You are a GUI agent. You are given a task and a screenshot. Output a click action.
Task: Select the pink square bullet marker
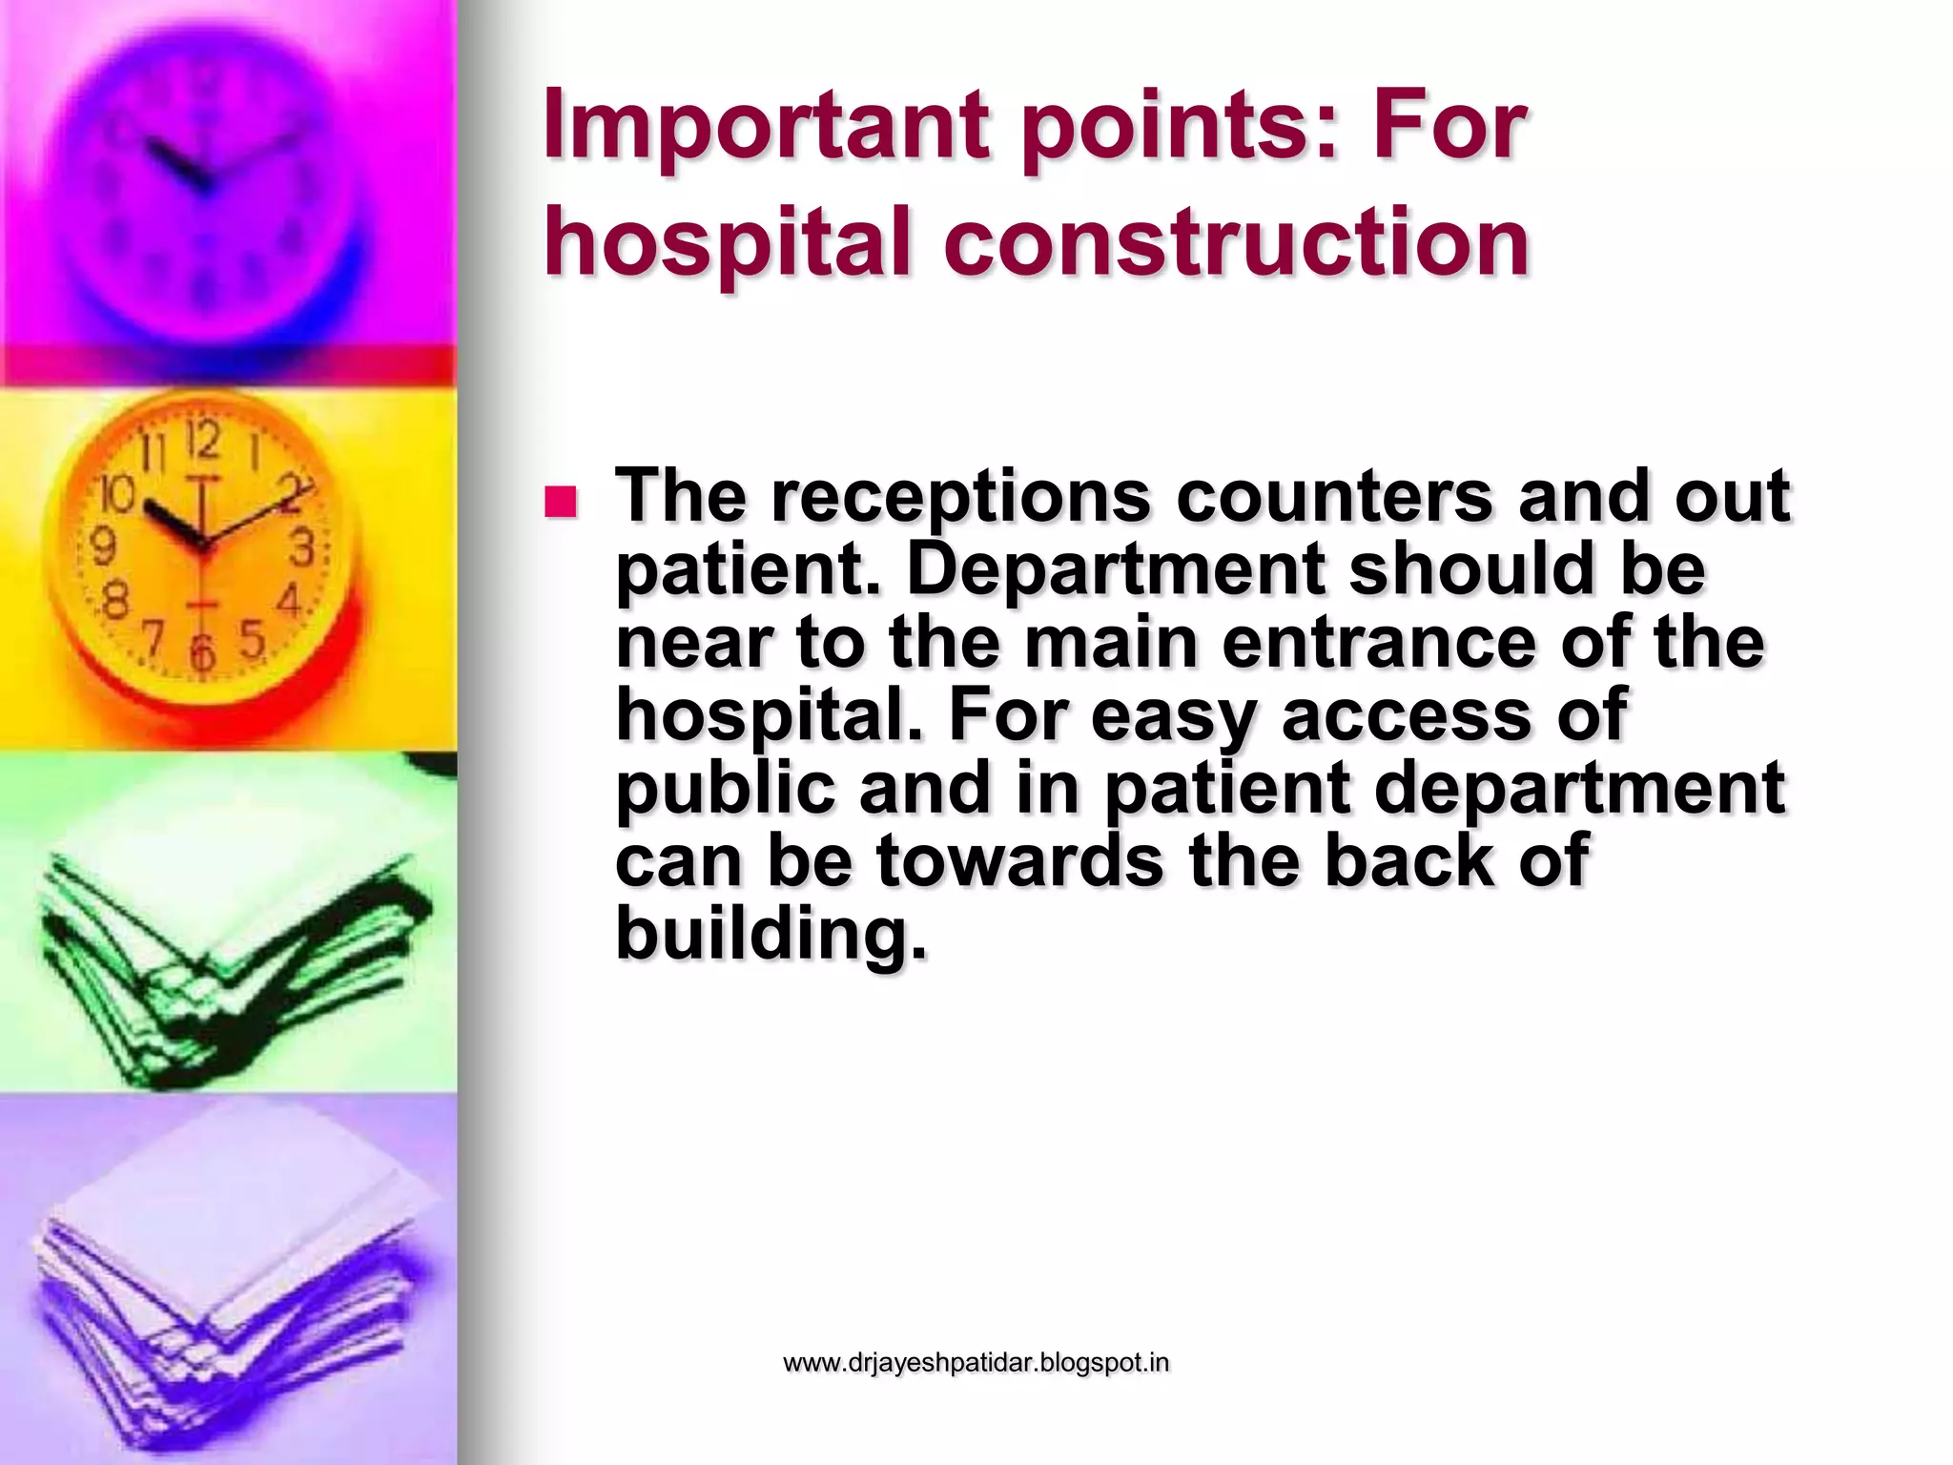pos(561,503)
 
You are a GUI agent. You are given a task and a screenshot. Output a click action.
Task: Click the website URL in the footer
pos(976,1363)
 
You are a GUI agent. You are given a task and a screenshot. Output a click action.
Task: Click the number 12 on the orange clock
pos(203,442)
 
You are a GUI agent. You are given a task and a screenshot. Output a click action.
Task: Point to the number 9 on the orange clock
pos(102,547)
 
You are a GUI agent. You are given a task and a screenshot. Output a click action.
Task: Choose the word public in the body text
pos(725,788)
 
